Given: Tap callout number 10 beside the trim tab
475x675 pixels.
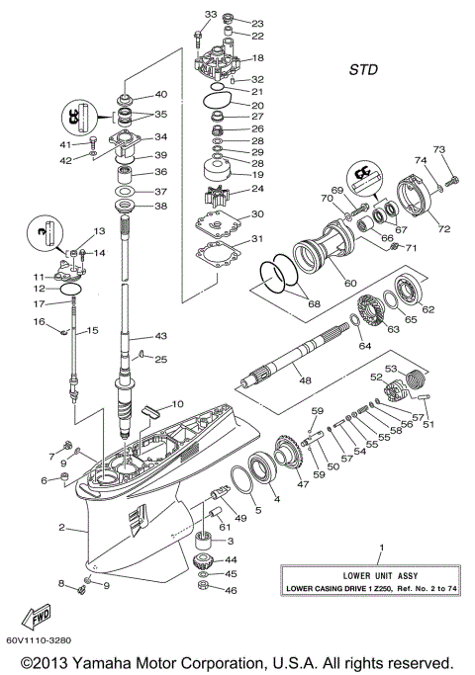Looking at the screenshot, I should tap(178, 403).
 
